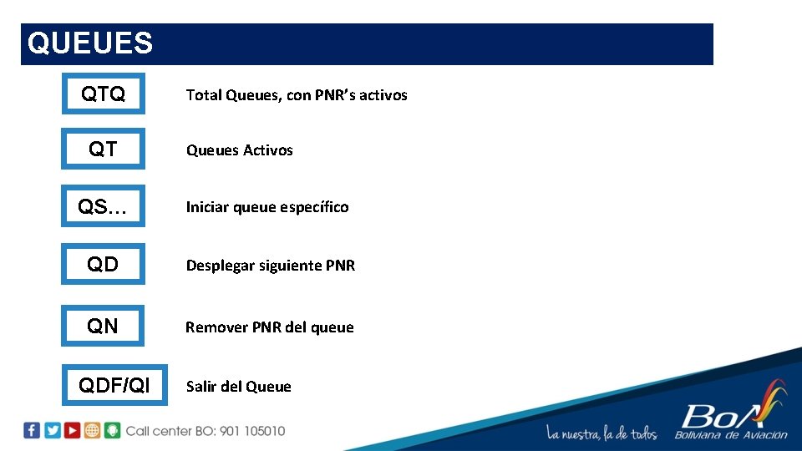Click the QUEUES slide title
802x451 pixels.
90,43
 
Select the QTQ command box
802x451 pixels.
103,94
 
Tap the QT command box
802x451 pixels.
103,149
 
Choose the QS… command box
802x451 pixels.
103,206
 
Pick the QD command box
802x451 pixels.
103,265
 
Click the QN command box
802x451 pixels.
103,326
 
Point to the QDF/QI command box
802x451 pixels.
114,385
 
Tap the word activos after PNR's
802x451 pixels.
382,95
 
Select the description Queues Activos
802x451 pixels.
239,150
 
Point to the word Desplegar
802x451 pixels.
220,266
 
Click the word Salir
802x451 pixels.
201,386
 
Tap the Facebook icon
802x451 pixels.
32,431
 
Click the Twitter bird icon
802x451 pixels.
53,431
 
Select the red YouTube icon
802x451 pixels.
73,431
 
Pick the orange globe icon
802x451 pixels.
93,431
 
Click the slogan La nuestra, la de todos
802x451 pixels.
601,433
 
